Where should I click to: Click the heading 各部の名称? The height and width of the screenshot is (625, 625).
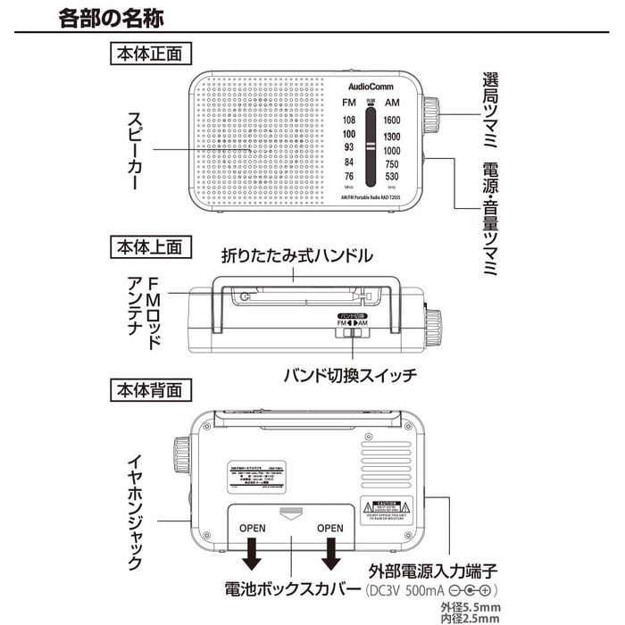pos(110,17)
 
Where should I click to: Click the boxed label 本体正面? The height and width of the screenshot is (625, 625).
pos(149,53)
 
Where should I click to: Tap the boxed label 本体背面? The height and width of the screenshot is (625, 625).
pos(149,390)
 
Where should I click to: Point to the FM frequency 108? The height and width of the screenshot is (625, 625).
pos(348,120)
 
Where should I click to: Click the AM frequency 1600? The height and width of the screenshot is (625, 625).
pos(391,120)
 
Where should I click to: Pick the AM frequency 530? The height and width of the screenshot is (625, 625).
pos(391,177)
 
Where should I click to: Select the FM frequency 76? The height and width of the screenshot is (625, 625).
pos(348,177)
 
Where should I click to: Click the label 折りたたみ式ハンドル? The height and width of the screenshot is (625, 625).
pos(296,256)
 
